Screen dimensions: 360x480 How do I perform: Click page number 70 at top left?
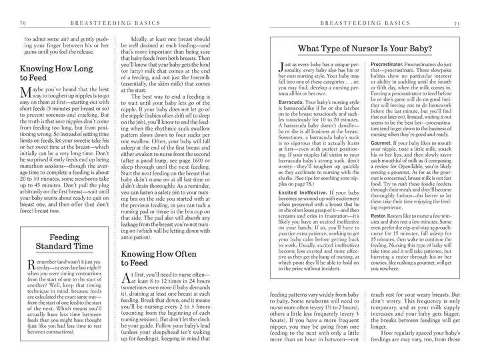pyautogui.click(x=23, y=24)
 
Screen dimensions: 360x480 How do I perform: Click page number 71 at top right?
pyautogui.click(x=457, y=24)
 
